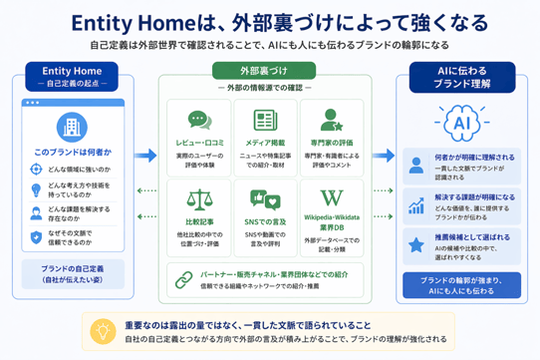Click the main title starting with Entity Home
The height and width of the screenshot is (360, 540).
click(x=270, y=20)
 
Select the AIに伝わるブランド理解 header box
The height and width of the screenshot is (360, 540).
click(x=463, y=78)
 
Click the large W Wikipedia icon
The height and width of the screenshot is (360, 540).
click(x=331, y=195)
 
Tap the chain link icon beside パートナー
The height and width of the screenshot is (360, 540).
click(x=183, y=278)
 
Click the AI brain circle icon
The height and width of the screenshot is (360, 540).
click(x=462, y=124)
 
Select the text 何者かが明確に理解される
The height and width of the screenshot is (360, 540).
click(x=474, y=157)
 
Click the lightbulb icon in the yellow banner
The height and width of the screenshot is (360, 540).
click(x=102, y=331)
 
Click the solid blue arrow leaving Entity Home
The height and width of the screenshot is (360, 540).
click(x=145, y=156)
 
